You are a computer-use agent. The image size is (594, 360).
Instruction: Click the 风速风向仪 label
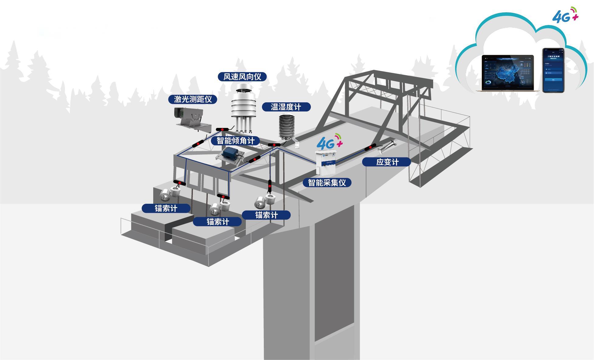pyautogui.click(x=242, y=77)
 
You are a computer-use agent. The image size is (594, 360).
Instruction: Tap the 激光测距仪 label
pyautogui.click(x=193, y=99)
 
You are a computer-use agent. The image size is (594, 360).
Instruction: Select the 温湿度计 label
pyautogui.click(x=286, y=107)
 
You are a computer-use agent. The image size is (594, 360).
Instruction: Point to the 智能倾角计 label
pyautogui.click(x=235, y=141)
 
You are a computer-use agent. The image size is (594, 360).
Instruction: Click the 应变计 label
pyautogui.click(x=387, y=162)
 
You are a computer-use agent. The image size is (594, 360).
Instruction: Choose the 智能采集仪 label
pyautogui.click(x=327, y=182)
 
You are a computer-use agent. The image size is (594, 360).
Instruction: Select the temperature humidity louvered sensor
pyautogui.click(x=287, y=126)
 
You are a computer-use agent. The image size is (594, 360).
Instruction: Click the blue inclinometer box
pyautogui.click(x=231, y=153)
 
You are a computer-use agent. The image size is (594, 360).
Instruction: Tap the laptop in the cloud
pyautogui.click(x=508, y=73)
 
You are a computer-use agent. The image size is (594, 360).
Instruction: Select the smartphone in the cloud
pyautogui.click(x=553, y=70)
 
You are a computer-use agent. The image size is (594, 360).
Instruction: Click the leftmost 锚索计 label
pyautogui.click(x=166, y=208)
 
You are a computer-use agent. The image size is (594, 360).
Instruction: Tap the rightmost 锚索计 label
pyautogui.click(x=266, y=215)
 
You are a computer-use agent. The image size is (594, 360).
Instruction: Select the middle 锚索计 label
pyautogui.click(x=217, y=222)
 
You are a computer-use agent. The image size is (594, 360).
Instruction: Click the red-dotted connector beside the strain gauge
pyautogui.click(x=370, y=147)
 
